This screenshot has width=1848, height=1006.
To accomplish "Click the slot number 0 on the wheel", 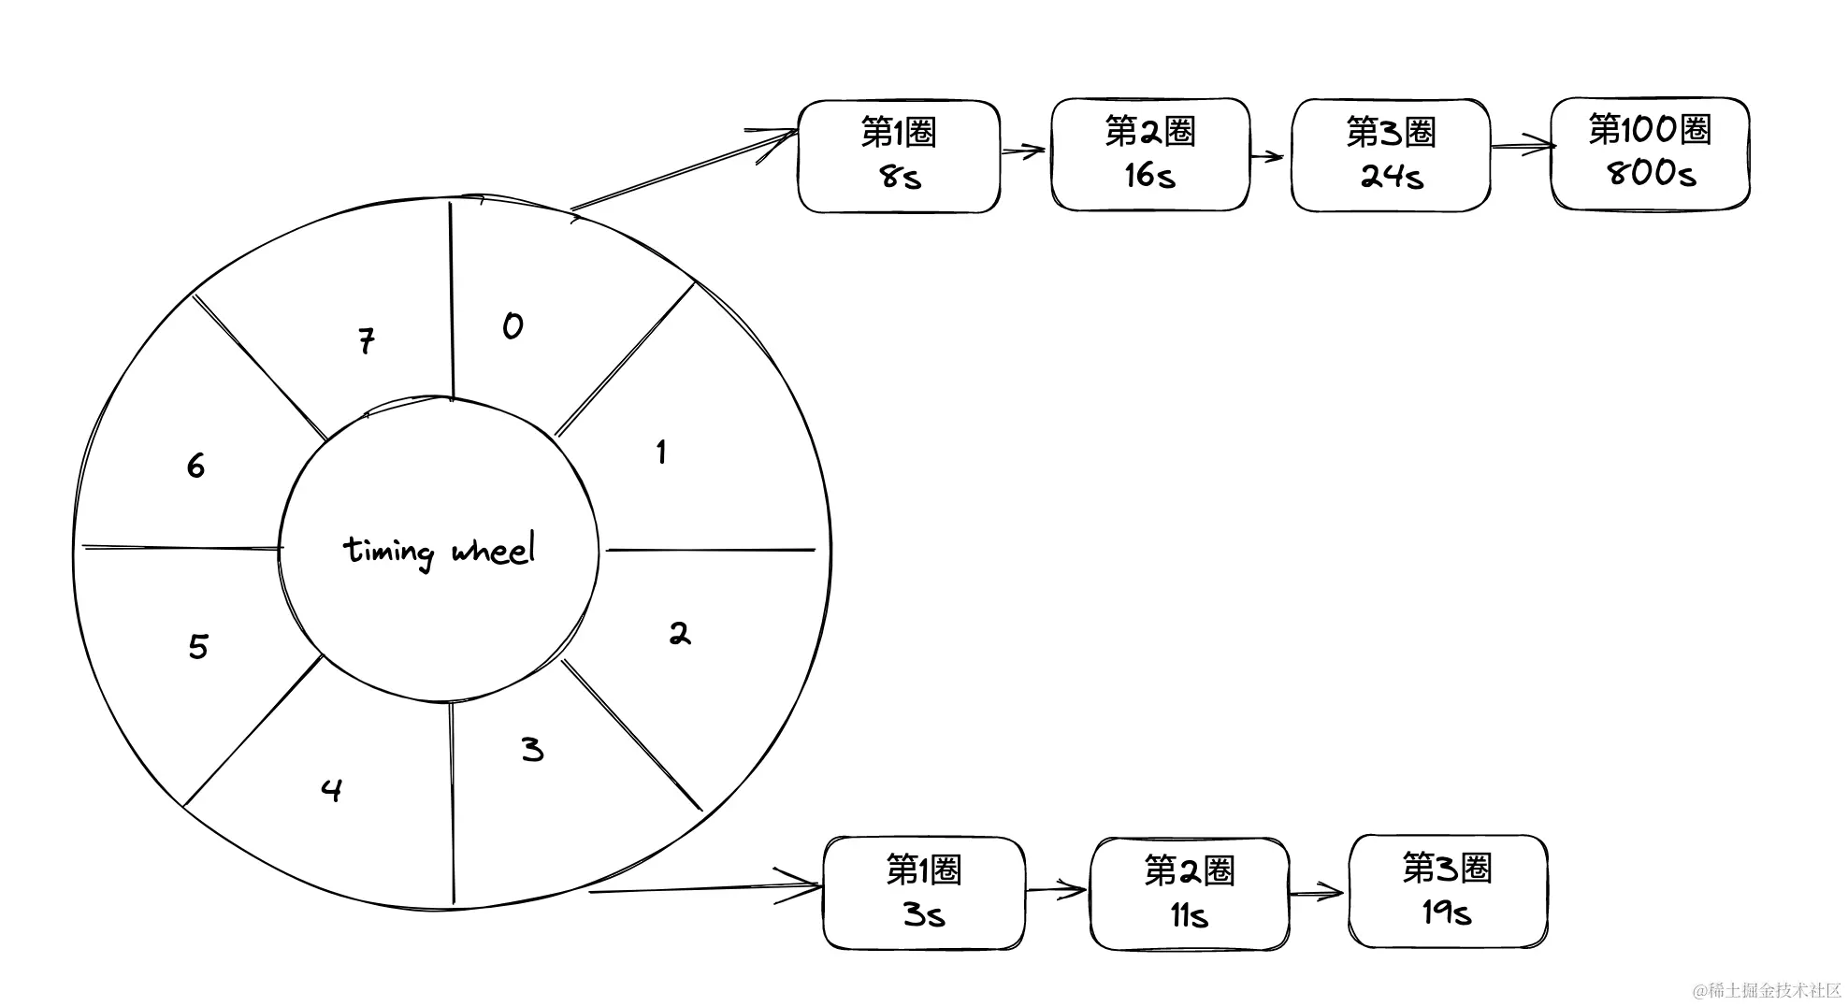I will point(513,325).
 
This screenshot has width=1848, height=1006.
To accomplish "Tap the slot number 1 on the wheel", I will point(661,453).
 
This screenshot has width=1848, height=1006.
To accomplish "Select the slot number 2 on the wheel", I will point(680,634).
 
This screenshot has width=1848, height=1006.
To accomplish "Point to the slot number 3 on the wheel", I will point(532,749).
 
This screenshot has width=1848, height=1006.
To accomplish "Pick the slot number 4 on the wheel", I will point(331,791).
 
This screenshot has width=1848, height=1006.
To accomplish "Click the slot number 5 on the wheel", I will point(198,646).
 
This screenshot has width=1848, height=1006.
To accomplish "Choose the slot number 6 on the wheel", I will point(195,466).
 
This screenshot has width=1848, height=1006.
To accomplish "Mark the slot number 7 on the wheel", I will point(367,340).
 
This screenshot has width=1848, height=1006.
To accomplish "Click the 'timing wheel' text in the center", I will point(440,550).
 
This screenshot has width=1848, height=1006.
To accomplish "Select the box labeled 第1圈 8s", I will point(899,156).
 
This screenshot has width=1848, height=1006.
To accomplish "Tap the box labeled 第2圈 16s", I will point(1150,154).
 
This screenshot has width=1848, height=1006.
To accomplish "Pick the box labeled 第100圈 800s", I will point(1651,153).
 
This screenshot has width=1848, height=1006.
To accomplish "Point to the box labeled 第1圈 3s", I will point(924,893).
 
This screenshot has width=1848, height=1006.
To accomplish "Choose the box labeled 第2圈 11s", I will point(1190,894).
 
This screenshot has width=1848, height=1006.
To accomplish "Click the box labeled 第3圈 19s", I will point(1448,891).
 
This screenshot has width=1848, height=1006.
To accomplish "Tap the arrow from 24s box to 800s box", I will point(1521,146).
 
